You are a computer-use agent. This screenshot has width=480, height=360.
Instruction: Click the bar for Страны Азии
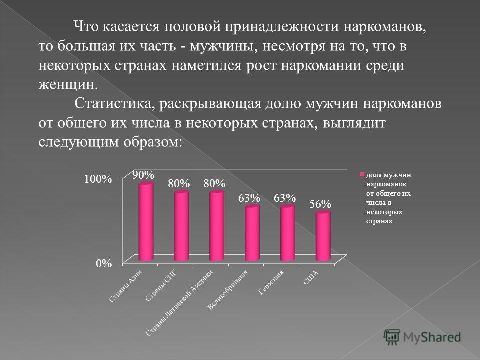tap(146, 222)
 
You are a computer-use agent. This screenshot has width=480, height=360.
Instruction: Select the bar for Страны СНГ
tap(181, 226)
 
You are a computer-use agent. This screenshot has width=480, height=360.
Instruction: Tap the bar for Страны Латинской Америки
tap(216, 226)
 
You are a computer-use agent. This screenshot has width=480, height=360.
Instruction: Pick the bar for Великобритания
tap(252, 233)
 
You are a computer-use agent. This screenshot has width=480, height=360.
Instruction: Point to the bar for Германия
tap(288, 233)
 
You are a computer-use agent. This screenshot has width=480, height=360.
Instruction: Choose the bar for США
tap(323, 236)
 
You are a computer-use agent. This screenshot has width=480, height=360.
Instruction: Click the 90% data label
tap(143, 175)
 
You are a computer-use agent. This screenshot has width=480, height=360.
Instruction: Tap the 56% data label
tap(320, 204)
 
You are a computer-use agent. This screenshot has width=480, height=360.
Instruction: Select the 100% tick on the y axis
tap(98, 179)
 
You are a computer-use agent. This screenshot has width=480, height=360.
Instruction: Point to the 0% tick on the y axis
tap(104, 263)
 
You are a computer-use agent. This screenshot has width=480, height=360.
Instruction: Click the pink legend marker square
tap(362, 175)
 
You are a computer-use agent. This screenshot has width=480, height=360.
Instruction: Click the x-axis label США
tap(310, 278)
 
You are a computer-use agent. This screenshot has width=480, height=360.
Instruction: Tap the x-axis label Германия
tap(270, 282)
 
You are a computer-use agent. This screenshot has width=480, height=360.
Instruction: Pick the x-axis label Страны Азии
tap(125, 286)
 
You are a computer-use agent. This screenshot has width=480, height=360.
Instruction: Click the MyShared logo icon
tap(392, 337)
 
